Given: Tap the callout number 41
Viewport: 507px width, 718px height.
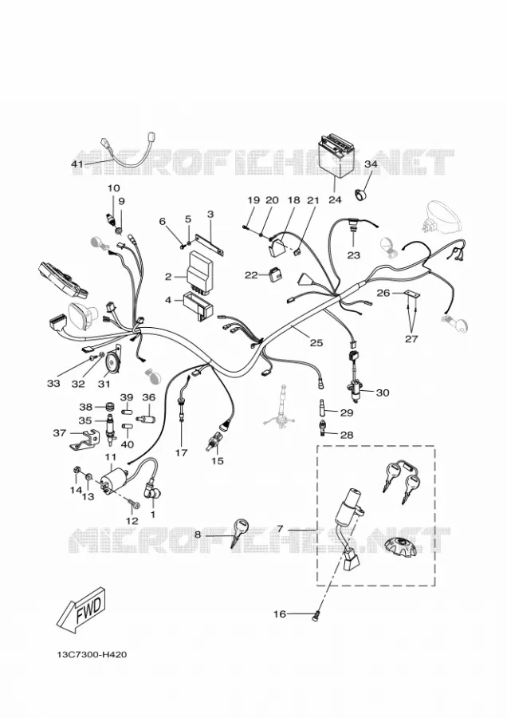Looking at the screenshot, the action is click(x=78, y=164).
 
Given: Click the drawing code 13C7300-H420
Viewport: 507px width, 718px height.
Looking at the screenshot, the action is click(x=92, y=654).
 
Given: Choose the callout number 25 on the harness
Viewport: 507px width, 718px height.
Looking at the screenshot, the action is click(x=316, y=342).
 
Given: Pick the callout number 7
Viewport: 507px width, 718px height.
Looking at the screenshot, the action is click(x=280, y=529).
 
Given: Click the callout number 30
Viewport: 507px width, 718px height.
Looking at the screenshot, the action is click(x=383, y=393).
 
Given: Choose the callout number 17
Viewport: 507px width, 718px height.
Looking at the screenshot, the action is click(x=181, y=453).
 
